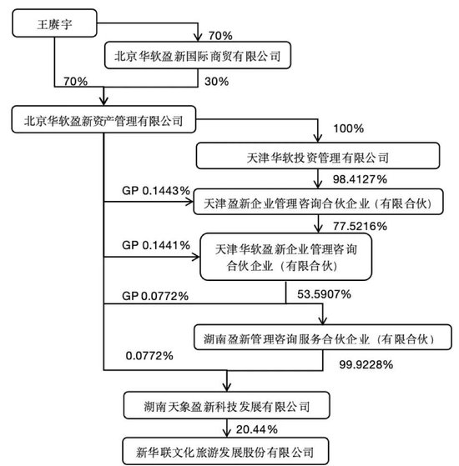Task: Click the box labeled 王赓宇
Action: [54, 23]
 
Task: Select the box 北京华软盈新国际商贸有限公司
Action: [198, 55]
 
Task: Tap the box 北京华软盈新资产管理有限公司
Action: [103, 119]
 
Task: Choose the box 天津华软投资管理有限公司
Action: [318, 156]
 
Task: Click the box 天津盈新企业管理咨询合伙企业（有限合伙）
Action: [318, 202]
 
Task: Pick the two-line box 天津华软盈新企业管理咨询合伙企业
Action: [286, 257]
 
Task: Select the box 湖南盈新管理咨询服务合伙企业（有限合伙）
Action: [323, 337]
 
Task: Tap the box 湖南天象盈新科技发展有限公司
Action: [227, 405]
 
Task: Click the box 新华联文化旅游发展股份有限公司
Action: [226, 451]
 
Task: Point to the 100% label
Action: [348, 128]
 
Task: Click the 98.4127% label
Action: [360, 179]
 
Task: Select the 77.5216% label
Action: [360, 226]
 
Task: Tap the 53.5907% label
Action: [325, 294]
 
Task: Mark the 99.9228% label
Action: [366, 364]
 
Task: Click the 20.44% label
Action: [257, 429]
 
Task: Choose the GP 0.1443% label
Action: [156, 191]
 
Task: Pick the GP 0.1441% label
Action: [156, 245]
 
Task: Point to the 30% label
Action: [216, 82]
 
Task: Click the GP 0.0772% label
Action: [155, 296]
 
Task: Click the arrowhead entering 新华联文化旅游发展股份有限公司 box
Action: [227, 433]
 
